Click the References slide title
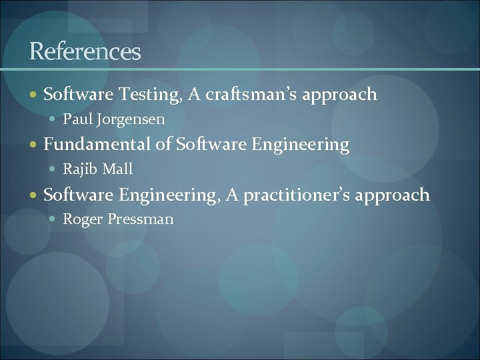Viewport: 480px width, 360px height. click(x=85, y=51)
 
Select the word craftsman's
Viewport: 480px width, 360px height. click(x=251, y=95)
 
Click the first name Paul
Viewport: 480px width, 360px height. click(x=76, y=120)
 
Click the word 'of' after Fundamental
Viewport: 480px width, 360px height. click(x=165, y=145)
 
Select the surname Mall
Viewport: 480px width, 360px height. click(x=117, y=169)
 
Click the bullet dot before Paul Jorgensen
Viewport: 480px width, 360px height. click(x=54, y=121)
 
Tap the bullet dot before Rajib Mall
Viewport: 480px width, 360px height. click(x=54, y=170)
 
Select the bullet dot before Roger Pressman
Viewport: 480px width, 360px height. click(x=54, y=220)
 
